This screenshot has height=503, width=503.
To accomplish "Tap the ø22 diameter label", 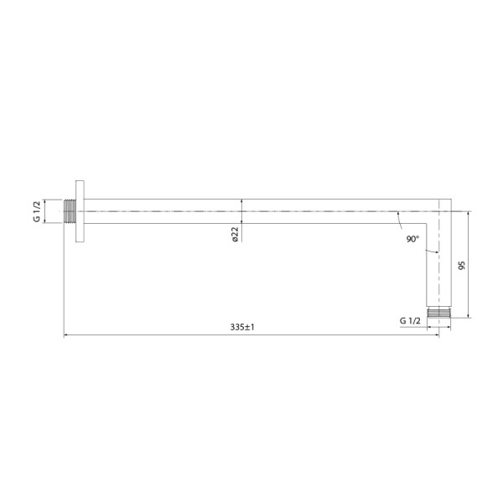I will pos(236,235).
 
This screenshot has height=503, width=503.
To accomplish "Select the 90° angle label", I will pos(412,239).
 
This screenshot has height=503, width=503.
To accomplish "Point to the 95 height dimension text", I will pos(461,265).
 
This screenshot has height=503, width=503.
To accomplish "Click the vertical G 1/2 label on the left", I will pos(37,211).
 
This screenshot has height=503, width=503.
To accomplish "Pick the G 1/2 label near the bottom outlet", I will pos(411,321).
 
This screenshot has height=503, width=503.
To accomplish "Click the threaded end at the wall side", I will pos(70,211).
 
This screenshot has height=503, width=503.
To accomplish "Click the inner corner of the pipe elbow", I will pos(427,223).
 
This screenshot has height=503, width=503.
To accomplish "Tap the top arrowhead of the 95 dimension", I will pos(469,214).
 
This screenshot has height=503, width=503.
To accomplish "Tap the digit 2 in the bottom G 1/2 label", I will pos(419,321).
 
